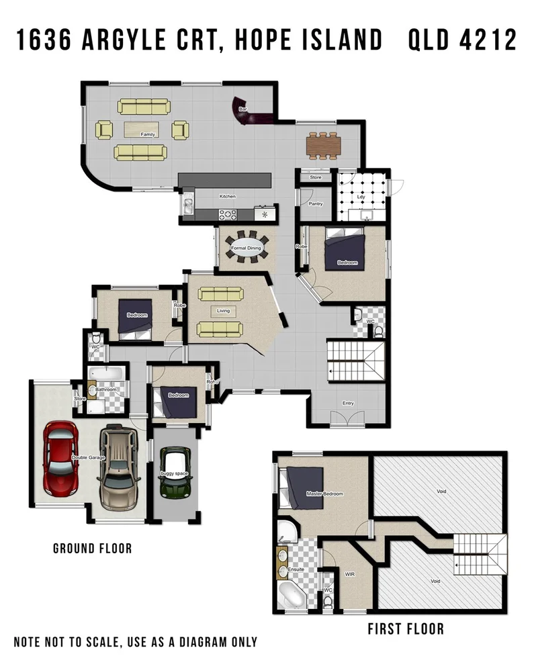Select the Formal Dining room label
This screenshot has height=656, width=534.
(x=246, y=248)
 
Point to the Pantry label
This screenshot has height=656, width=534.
(x=316, y=203)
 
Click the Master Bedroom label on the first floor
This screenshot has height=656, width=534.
(x=324, y=494)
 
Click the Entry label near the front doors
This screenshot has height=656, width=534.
(x=348, y=404)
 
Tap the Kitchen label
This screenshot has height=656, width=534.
(x=228, y=197)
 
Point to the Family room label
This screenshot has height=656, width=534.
(x=148, y=134)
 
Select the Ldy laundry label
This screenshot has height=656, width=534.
(x=362, y=197)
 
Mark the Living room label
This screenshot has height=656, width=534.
(x=222, y=310)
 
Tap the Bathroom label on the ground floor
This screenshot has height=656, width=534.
(x=105, y=389)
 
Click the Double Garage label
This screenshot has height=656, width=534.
(x=87, y=459)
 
